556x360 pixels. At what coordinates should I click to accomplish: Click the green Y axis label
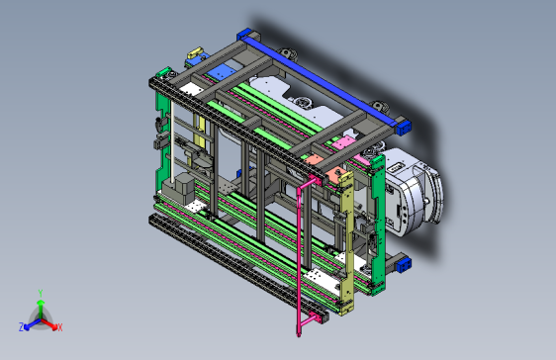(x=41, y=293)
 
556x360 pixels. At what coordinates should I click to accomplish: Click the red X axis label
(x=60, y=327)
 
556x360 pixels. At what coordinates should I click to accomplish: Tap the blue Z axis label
(x=22, y=326)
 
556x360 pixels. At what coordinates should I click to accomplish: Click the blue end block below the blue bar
(x=404, y=128)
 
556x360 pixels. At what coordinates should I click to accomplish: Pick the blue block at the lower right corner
(x=404, y=265)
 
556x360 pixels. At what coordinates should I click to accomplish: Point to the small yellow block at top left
(x=194, y=53)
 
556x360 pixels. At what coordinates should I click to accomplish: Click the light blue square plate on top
(x=221, y=72)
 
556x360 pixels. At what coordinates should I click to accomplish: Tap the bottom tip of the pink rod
(x=299, y=335)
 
